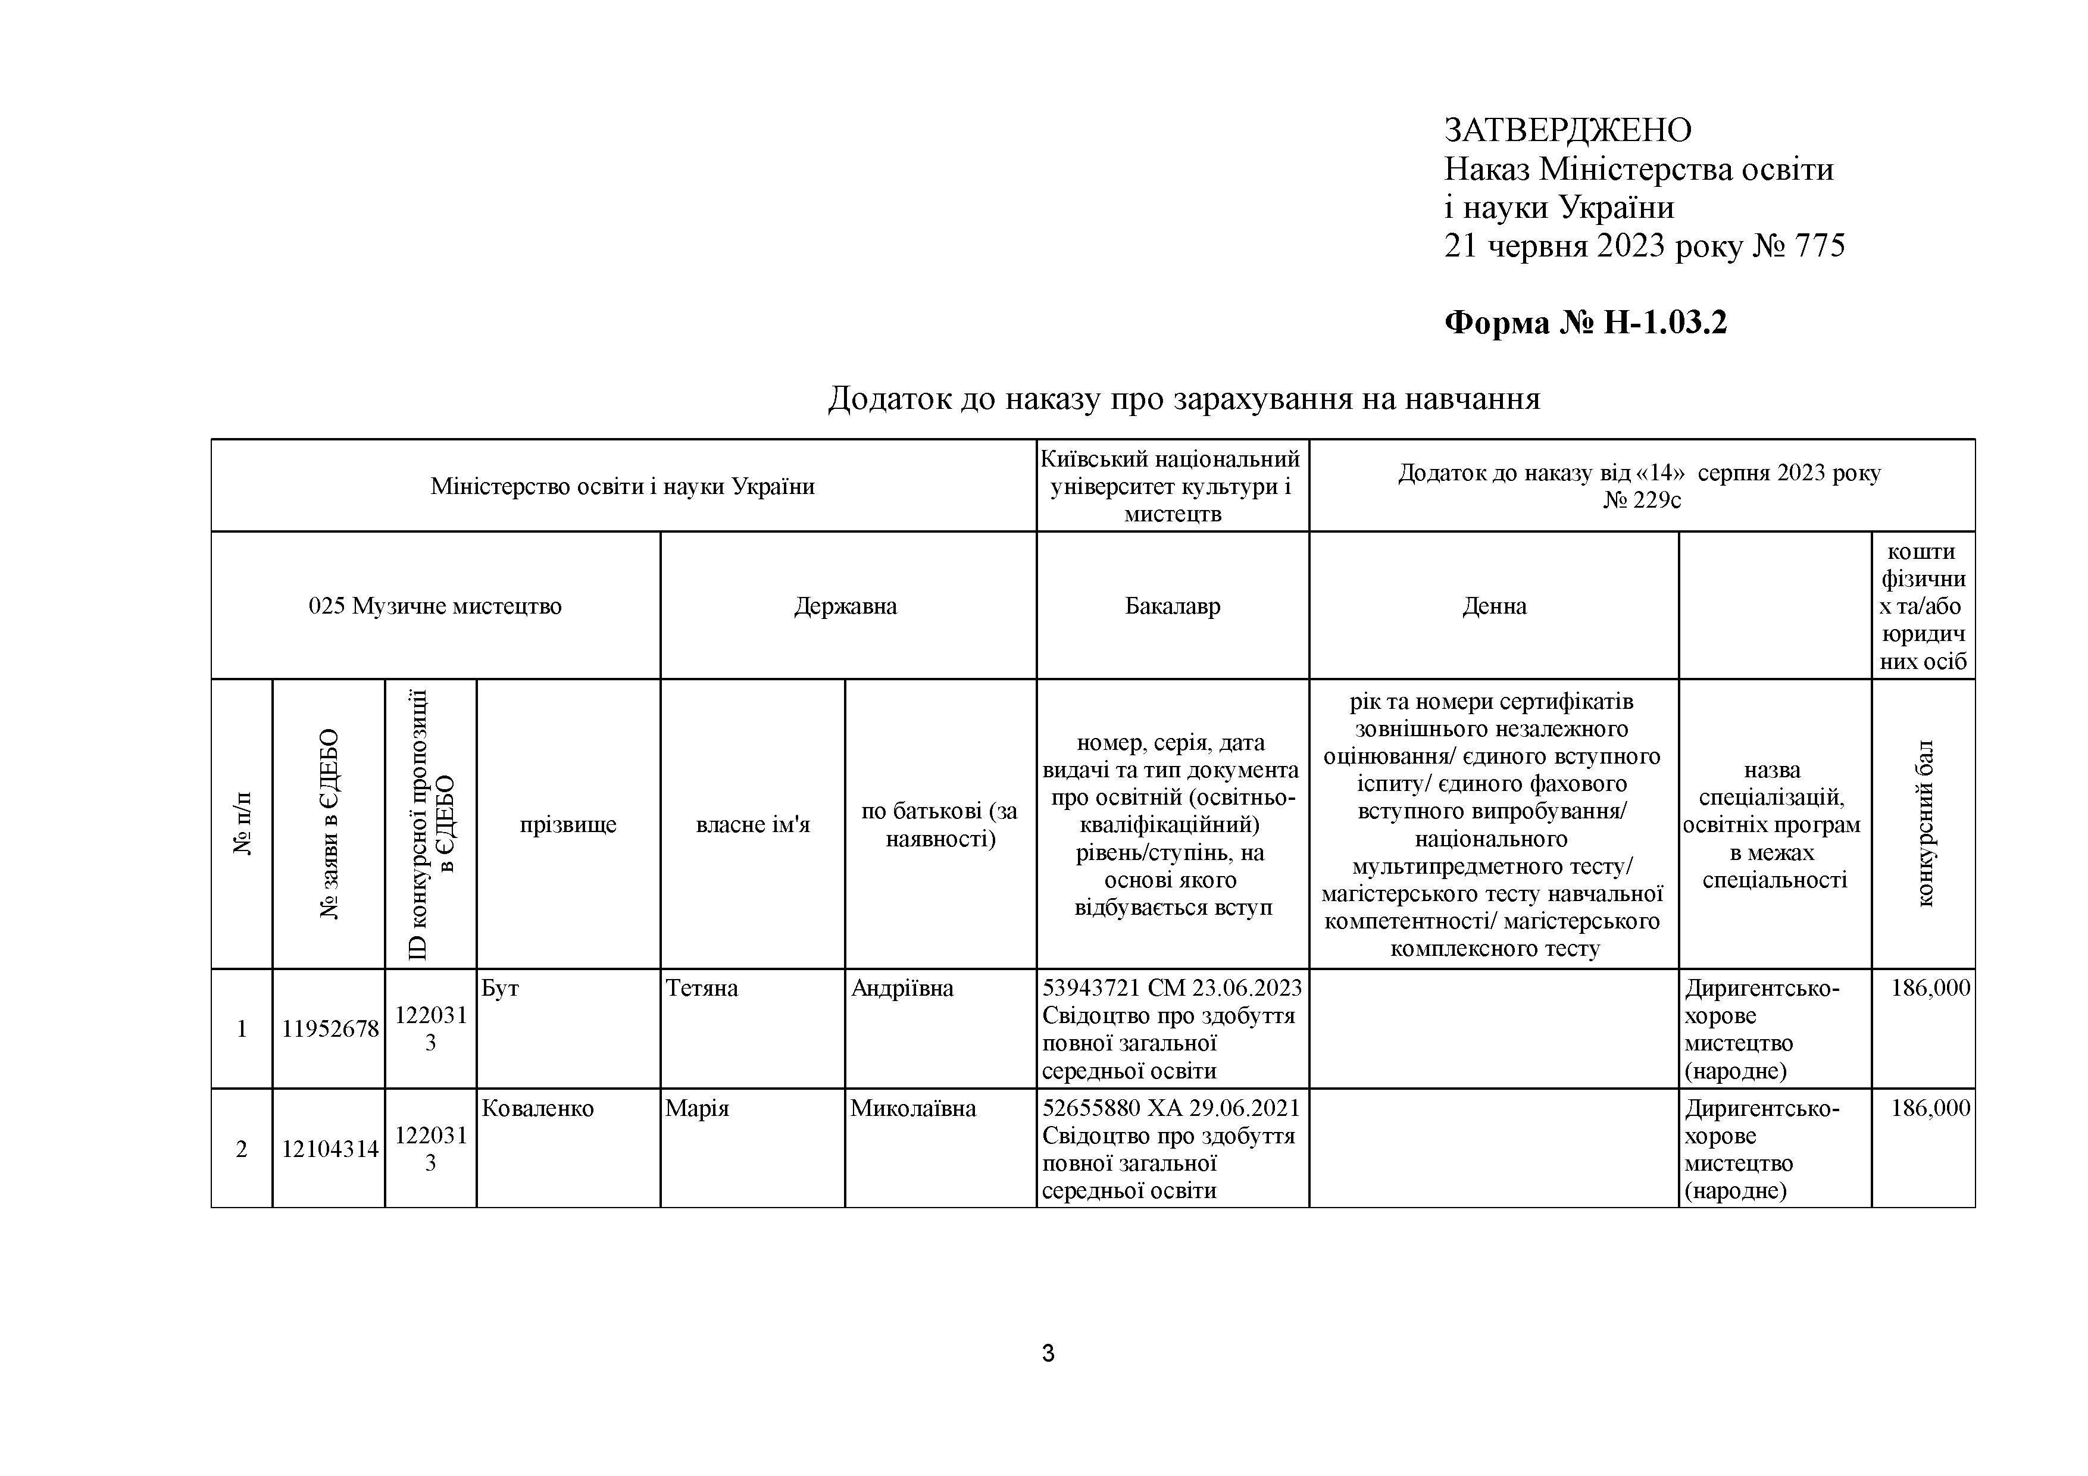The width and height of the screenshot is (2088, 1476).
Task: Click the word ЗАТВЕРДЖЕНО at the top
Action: point(1567,131)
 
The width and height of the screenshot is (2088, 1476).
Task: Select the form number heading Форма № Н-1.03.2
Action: point(1585,322)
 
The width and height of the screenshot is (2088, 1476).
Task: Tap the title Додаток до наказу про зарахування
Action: point(1183,398)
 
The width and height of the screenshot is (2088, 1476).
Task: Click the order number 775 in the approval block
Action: point(1819,246)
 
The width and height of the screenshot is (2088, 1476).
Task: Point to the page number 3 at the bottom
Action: point(1048,1353)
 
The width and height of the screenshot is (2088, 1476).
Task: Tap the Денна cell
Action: point(1493,606)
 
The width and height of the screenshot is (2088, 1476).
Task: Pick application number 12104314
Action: point(329,1149)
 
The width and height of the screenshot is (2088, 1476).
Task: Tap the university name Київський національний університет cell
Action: point(1171,486)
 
